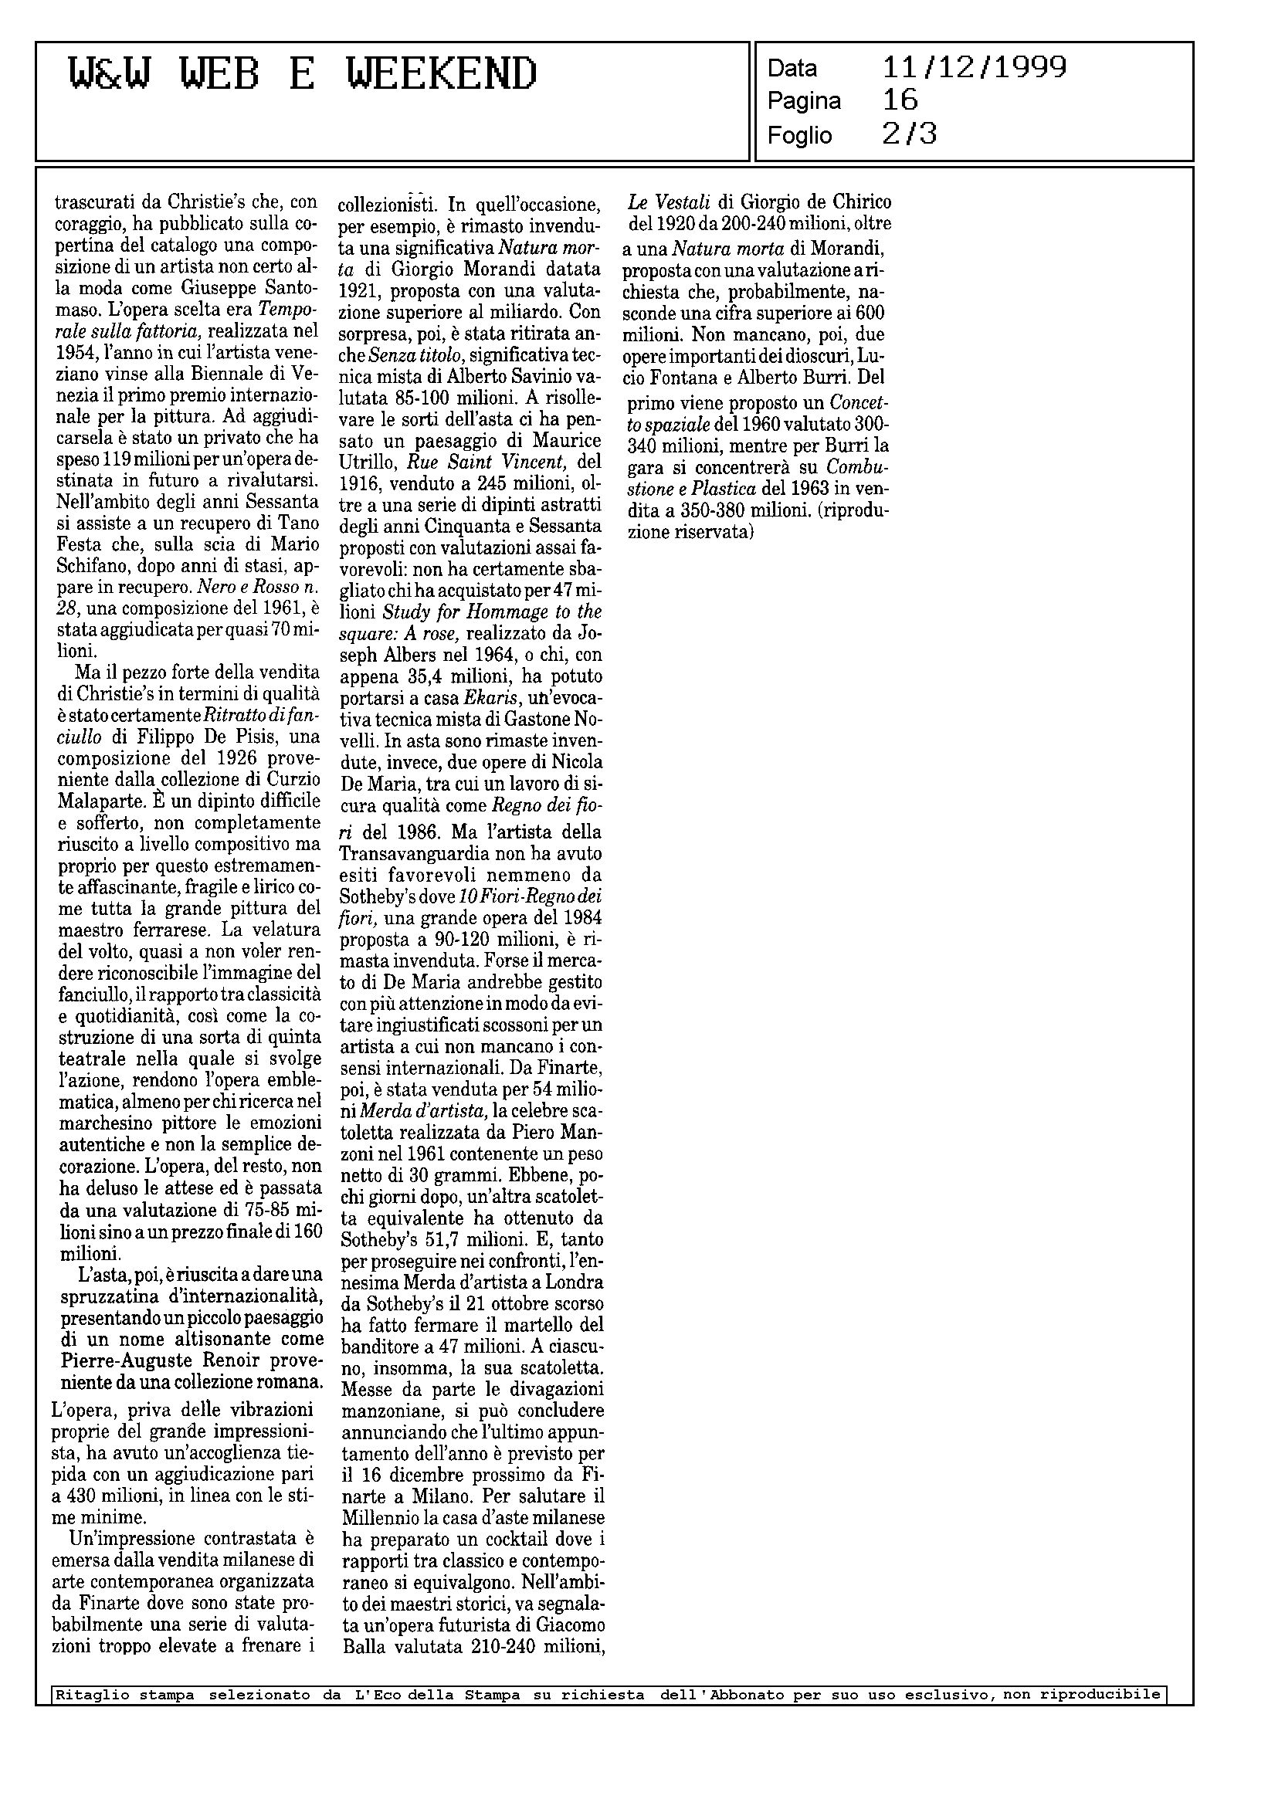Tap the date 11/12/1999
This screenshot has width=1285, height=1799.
tap(974, 67)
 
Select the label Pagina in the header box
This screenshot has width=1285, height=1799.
tap(804, 101)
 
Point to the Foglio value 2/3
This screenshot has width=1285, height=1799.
tap(909, 134)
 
